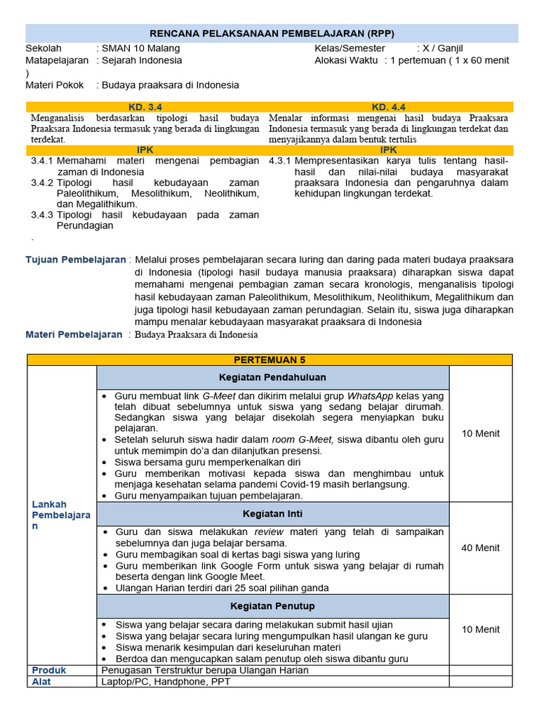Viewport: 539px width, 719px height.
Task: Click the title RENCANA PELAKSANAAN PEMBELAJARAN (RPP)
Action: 272,34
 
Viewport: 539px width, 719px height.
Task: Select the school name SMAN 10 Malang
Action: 140,48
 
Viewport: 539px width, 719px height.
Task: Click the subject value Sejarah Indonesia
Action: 142,60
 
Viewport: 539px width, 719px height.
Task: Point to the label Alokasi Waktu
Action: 346,60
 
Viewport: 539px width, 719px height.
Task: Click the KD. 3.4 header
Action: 145,107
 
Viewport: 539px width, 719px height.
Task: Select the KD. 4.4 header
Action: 389,107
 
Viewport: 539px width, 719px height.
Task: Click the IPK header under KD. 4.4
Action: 389,150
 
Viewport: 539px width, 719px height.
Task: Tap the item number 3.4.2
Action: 42,183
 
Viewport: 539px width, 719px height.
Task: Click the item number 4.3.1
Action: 280,161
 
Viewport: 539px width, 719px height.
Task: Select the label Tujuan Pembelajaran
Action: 76,260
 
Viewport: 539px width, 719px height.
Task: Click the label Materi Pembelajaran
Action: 74,334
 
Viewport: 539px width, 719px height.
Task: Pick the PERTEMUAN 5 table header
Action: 269,359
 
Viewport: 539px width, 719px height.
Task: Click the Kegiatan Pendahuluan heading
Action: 272,378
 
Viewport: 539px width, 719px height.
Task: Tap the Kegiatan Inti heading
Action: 272,514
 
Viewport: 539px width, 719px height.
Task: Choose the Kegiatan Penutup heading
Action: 272,606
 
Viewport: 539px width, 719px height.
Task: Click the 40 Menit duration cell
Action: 481,548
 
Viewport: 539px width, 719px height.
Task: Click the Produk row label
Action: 49,670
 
